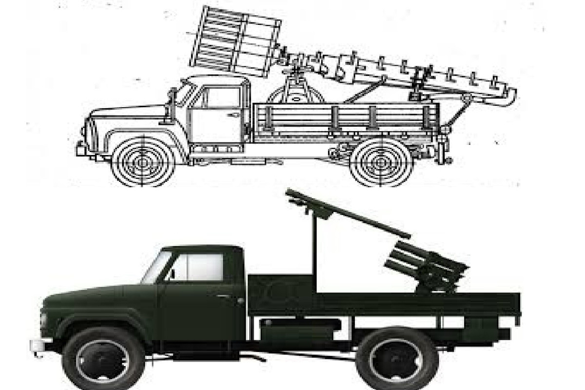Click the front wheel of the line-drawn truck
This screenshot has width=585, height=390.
point(142,161)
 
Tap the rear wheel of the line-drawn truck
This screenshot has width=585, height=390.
point(381,161)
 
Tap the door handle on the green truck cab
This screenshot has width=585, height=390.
point(240,301)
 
